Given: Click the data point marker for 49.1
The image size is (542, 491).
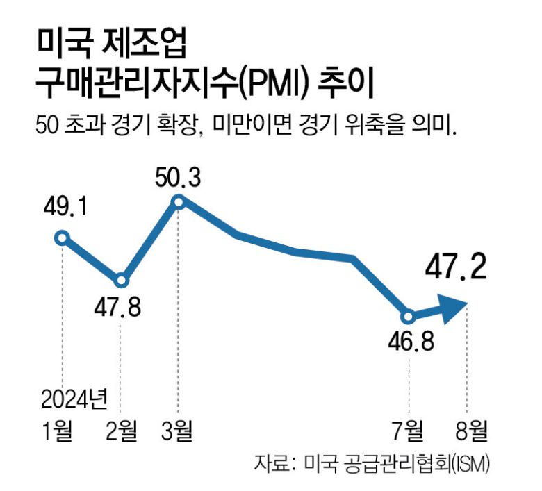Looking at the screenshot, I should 62,238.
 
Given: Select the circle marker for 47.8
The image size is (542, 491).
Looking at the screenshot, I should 121,281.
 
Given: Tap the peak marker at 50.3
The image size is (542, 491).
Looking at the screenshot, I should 178,201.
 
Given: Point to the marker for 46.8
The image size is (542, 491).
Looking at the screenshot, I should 409,316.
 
